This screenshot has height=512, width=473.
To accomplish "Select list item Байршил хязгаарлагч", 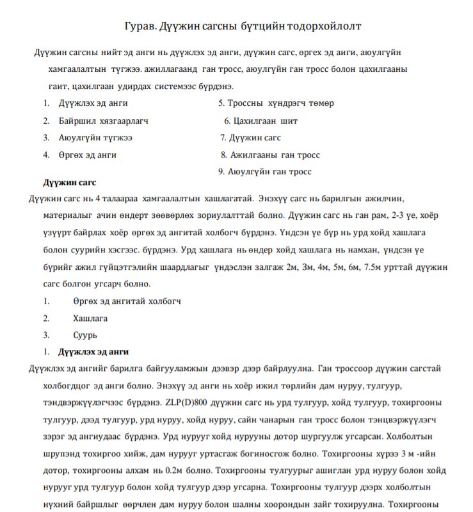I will point(103,120).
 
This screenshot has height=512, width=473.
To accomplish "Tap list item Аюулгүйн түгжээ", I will point(96,138).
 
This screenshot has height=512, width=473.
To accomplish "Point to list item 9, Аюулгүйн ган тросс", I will point(269,172).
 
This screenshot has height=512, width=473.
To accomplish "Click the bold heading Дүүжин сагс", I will point(69,183).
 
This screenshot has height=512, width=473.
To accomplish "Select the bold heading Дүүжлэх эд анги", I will point(93,352).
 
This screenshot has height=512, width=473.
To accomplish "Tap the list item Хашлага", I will point(90,318).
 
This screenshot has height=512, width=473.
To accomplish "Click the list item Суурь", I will point(85,334).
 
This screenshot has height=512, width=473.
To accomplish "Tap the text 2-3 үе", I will point(388,215).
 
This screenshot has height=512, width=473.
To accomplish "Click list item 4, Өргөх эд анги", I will point(88,155).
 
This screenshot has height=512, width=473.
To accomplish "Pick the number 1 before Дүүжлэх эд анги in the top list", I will point(46,103).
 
